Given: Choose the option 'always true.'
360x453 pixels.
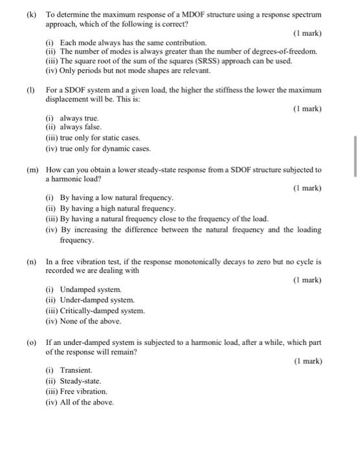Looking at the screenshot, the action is (x=79, y=118).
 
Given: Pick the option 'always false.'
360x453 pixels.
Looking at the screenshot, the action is (x=80, y=127).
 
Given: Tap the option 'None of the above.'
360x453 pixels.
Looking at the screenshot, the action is (x=90, y=321).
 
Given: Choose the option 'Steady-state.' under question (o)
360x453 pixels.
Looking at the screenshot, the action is (x=80, y=381).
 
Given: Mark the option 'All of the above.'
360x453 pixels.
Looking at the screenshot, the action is (x=86, y=402).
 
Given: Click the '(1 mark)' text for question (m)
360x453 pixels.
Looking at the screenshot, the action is (x=306, y=188).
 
